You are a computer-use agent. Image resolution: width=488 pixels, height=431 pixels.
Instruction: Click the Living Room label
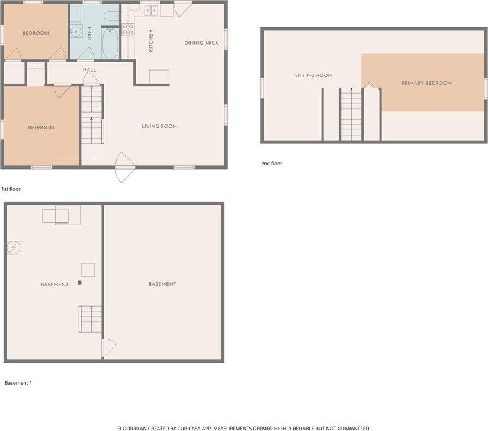[159, 126]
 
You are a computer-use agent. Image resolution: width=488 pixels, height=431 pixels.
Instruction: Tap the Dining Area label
[201, 43]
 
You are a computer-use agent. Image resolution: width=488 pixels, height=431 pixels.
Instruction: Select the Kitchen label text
[151, 40]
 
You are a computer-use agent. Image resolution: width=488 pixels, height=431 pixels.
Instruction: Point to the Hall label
[89, 70]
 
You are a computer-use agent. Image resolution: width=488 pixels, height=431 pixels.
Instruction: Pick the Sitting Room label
[313, 75]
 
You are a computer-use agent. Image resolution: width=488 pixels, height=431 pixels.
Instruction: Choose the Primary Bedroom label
[426, 83]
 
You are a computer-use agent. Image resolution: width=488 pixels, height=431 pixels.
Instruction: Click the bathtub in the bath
[110, 44]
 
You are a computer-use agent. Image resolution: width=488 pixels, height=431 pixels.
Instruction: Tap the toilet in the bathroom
[111, 16]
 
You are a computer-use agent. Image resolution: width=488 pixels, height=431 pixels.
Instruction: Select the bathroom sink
[75, 31]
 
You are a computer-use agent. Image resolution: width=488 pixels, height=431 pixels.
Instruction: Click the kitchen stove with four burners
[128, 30]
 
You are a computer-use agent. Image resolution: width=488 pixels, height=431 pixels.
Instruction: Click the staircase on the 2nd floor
[351, 114]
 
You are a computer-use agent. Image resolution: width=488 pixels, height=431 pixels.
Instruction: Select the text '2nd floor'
[272, 164]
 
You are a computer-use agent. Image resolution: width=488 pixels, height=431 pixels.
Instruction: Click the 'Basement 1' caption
[18, 383]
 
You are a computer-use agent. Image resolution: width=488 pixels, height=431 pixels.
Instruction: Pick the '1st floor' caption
[11, 189]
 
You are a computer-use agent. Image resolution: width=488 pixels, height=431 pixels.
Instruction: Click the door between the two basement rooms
[109, 347]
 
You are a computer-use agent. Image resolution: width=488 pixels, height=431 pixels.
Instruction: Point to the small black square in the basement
[79, 283]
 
